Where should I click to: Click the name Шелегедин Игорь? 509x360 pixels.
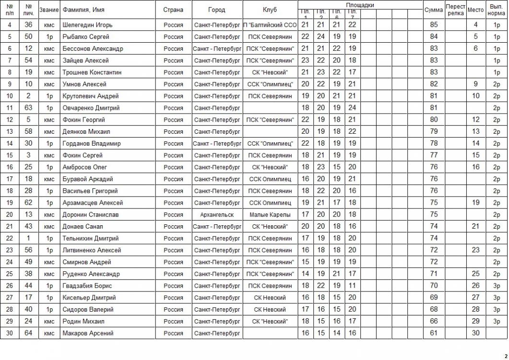click(87, 25)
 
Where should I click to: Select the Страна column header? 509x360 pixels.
click(173, 10)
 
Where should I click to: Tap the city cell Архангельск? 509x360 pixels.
click(217, 215)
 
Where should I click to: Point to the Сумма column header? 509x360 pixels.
click(434, 10)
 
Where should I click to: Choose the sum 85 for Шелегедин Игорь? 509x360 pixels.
click(434, 25)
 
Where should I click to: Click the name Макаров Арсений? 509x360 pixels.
click(88, 333)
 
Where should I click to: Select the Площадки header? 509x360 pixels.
click(360, 5)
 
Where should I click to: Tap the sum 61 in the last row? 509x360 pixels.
click(434, 333)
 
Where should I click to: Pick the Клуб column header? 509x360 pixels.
click(270, 10)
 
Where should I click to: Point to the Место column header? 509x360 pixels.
click(475, 10)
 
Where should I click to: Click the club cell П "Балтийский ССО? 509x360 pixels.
click(270, 25)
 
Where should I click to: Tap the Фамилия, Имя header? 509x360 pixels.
click(83, 10)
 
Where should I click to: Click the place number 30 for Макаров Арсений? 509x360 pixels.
click(475, 333)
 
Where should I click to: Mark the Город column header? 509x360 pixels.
click(217, 10)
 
